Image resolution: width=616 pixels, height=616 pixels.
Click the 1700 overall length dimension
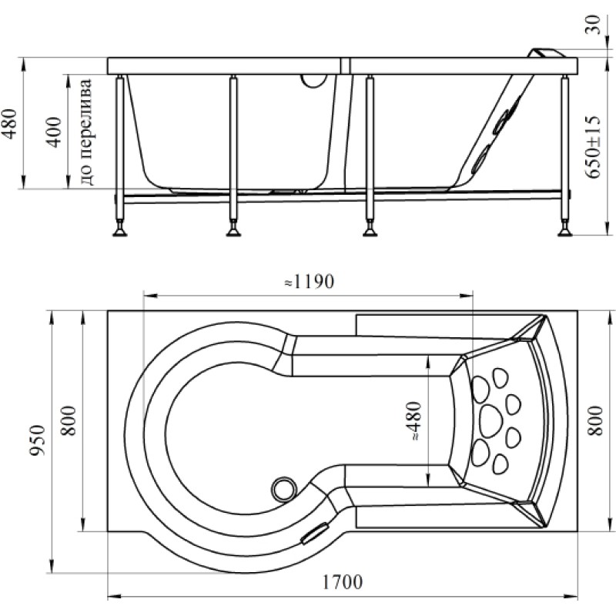pyautogui.click(x=342, y=582)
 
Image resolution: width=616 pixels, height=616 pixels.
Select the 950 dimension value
pyautogui.click(x=38, y=440)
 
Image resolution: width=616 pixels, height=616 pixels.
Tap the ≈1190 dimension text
pyautogui.click(x=310, y=281)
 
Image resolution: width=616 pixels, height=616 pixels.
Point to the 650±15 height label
pyautogui.click(x=593, y=147)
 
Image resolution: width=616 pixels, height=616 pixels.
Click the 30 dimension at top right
pyautogui.click(x=593, y=25)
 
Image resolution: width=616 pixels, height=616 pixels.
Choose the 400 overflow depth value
pyautogui.click(x=54, y=132)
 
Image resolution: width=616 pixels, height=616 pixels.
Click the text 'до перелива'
pyautogui.click(x=86, y=132)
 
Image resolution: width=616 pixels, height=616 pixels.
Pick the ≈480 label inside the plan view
pyautogui.click(x=414, y=420)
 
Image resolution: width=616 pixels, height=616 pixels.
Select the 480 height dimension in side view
pyautogui.click(x=9, y=123)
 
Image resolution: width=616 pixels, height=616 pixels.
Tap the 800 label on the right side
pyautogui.click(x=594, y=420)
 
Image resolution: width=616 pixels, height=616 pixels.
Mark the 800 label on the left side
pyautogui.click(x=69, y=420)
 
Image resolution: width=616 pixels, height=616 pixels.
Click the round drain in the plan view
pyautogui.click(x=283, y=490)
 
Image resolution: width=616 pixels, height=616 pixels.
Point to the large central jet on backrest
pyautogui.click(x=490, y=420)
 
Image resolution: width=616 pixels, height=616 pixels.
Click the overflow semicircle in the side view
pyautogui.click(x=313, y=82)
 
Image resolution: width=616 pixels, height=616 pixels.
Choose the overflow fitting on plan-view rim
pyautogui.click(x=315, y=533)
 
